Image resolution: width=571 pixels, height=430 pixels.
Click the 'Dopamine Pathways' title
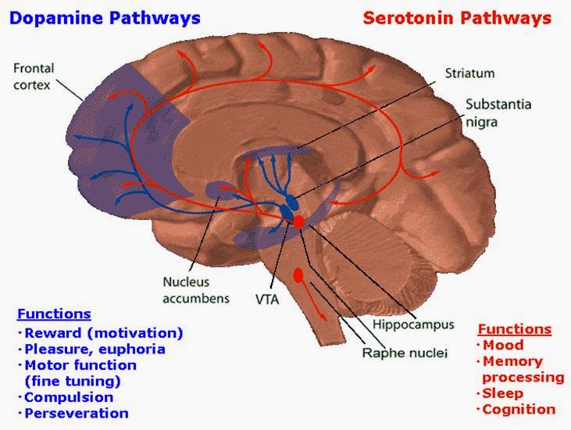pos(105,17)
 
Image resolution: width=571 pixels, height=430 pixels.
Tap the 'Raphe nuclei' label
pos(405,353)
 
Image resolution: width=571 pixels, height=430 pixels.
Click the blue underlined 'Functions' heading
pos(53,314)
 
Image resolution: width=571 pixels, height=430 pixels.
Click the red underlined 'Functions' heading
pos(514,329)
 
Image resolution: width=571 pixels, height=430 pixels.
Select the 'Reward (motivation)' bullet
pos(103,332)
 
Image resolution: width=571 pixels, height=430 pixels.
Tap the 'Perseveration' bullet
pos(75,414)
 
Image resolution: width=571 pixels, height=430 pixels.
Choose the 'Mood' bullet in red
pos(503,345)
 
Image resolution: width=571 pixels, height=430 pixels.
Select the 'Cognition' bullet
pos(519,410)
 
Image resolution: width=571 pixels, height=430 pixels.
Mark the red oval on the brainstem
pos(298,275)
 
